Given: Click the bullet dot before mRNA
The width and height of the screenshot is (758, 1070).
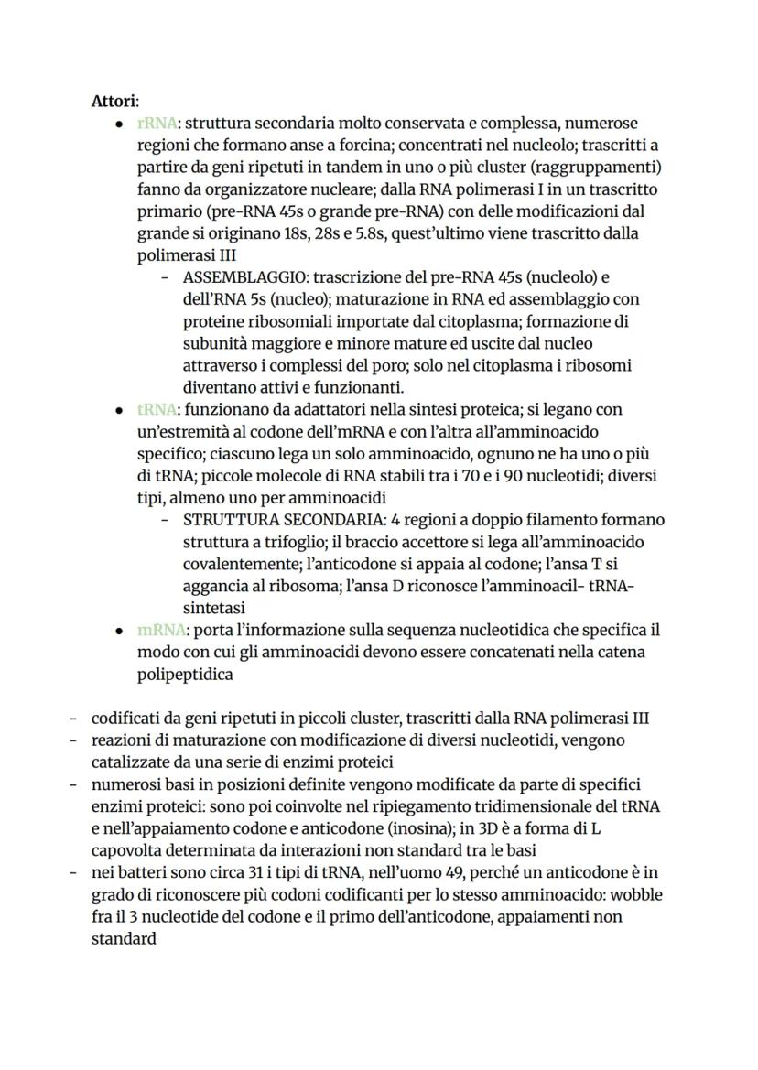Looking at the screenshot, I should click(x=119, y=631).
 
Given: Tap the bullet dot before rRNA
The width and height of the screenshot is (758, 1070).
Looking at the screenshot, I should click(x=119, y=124).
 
